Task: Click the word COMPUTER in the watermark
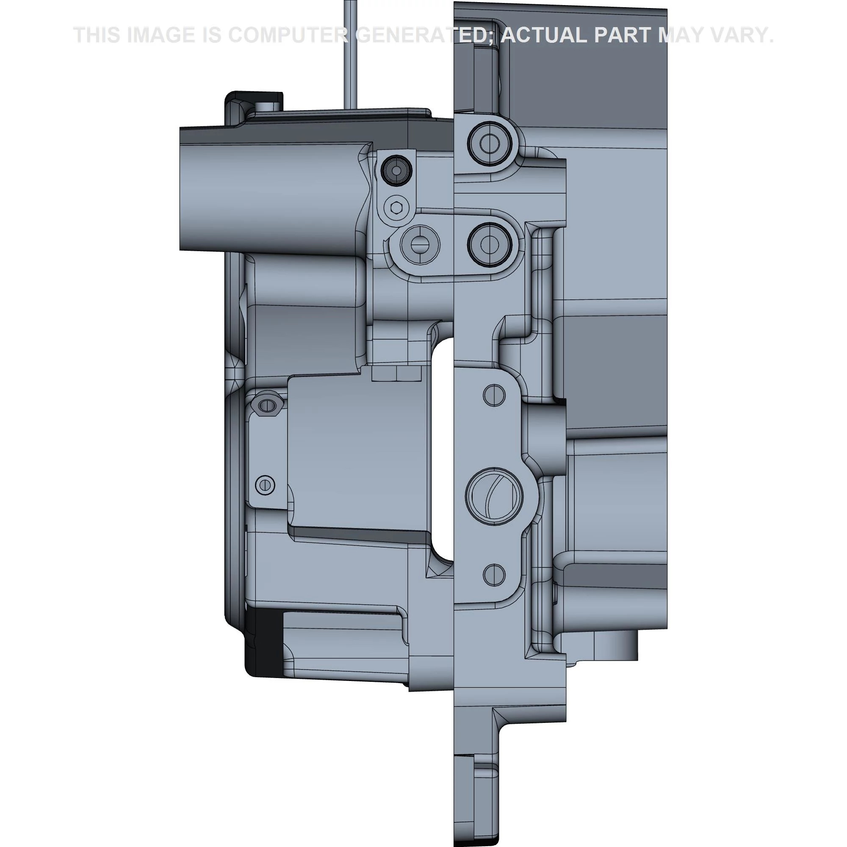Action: tap(288, 35)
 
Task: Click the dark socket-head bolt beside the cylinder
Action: tap(396, 170)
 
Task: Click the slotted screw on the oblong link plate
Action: tap(420, 246)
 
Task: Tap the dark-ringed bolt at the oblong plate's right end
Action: tap(489, 244)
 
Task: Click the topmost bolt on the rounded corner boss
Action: tap(489, 143)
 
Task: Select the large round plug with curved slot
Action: tap(494, 495)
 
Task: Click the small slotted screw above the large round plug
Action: tap(494, 395)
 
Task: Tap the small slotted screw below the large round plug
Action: tap(494, 574)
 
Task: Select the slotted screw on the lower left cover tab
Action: tap(265, 485)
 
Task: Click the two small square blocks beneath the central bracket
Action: tap(396, 374)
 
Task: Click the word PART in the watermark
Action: tap(623, 35)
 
